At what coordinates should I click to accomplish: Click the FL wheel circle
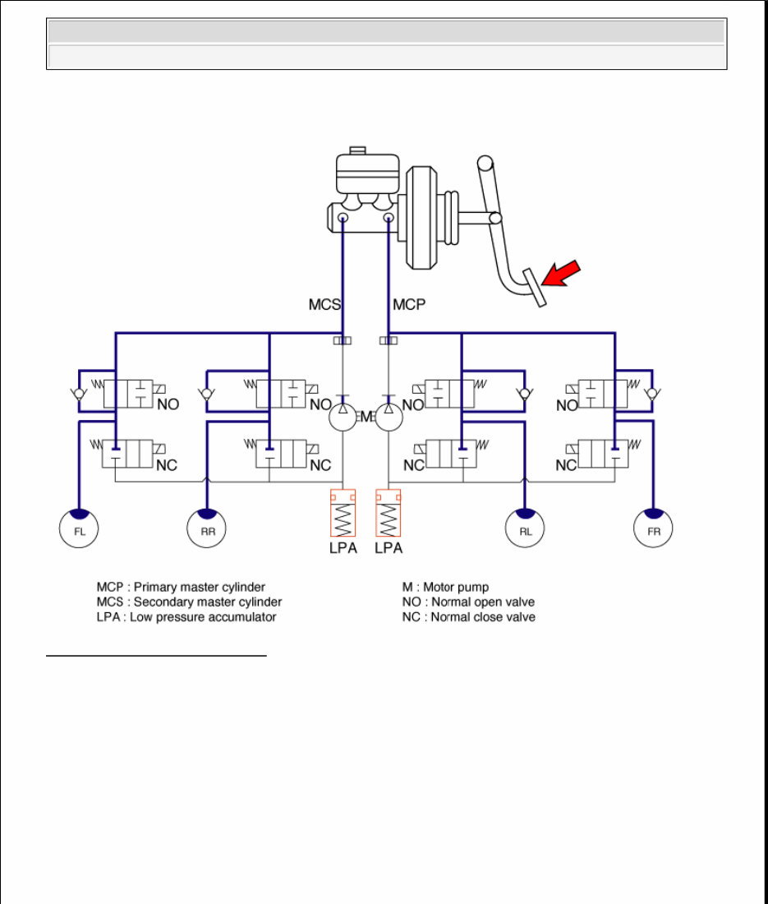79,528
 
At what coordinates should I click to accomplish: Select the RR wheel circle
207,528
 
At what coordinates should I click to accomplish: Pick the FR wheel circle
654,528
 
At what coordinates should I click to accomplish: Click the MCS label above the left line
324,305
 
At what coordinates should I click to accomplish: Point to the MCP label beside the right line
410,305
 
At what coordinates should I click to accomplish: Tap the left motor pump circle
343,417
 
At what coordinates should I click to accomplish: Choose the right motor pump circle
389,417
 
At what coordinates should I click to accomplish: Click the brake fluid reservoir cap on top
356,150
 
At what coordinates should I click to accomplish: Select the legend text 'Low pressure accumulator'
203,617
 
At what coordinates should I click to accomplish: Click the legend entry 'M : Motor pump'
445,588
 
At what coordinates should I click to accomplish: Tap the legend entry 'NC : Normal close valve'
468,617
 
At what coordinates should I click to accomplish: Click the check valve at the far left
78,394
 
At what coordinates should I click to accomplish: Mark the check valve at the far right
651,394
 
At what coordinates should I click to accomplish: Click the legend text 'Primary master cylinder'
200,588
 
